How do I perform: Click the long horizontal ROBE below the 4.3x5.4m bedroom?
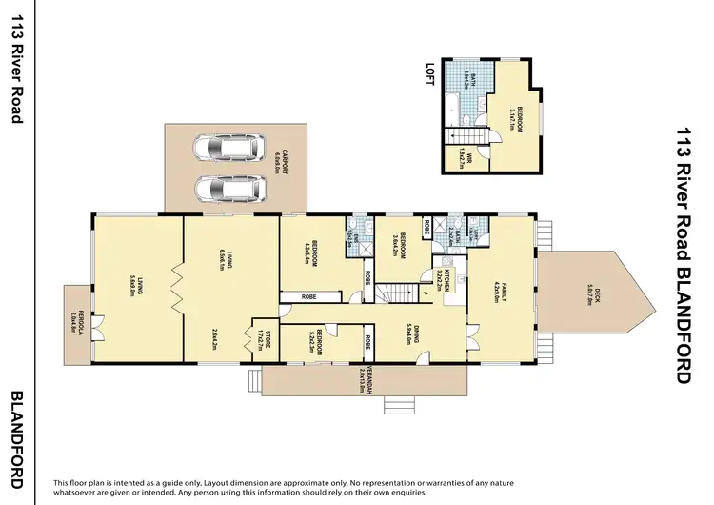tap(308, 297)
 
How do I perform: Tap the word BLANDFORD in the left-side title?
tap(15, 440)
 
